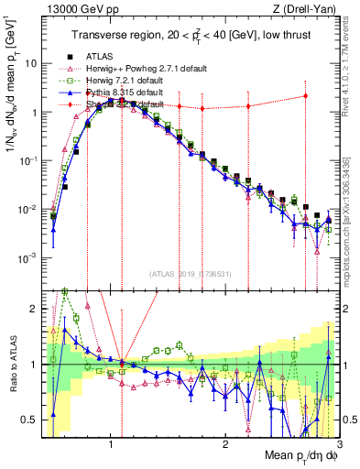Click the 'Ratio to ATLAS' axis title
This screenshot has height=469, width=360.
pyautogui.click(x=11, y=365)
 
